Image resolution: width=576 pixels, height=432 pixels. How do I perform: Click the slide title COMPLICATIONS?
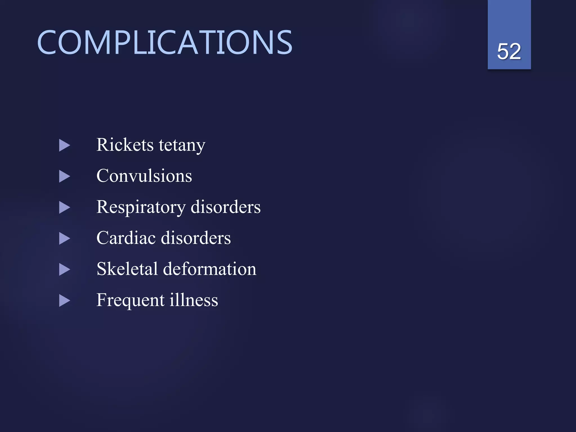[165, 43]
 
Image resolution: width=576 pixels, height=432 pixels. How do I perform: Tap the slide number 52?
[509, 51]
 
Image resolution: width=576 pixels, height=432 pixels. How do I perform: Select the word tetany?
[182, 146]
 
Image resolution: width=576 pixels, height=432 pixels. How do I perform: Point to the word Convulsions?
[144, 176]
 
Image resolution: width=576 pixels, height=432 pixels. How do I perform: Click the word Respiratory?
[141, 208]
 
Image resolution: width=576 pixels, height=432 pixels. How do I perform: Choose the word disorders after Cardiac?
[196, 238]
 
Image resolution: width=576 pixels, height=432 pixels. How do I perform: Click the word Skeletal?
[127, 269]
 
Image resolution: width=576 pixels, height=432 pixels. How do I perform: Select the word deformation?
[210, 269]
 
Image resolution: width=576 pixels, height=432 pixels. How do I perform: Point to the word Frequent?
[130, 300]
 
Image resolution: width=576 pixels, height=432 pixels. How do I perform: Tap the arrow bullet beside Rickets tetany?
[64, 146]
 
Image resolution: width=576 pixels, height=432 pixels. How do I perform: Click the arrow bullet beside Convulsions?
[64, 177]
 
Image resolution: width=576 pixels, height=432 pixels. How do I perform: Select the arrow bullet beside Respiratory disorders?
[64, 208]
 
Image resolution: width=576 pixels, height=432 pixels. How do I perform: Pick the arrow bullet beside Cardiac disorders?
[64, 239]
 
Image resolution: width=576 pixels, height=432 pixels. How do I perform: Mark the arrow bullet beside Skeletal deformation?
[64, 270]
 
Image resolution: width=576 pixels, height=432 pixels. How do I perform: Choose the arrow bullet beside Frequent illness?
[64, 301]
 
